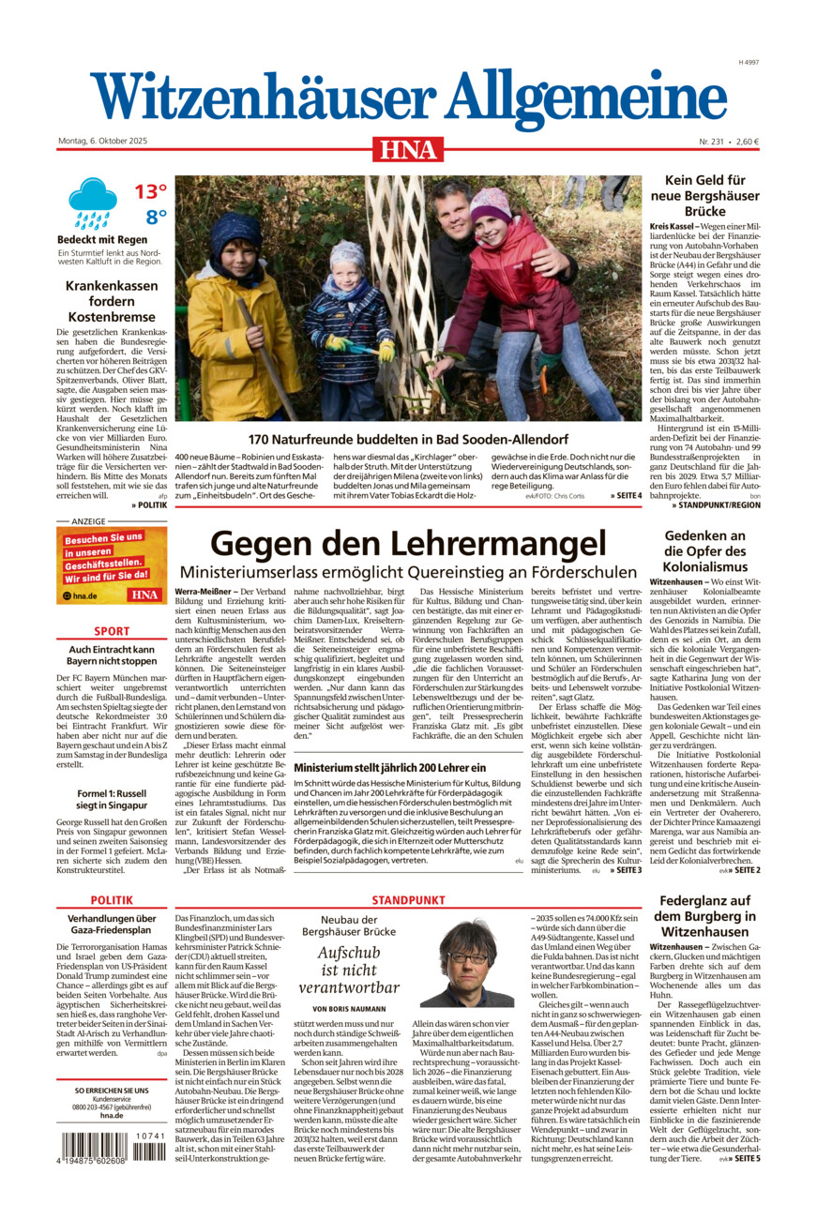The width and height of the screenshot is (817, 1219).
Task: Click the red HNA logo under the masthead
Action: coord(408,148)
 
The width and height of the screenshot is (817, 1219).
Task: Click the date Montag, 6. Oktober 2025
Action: coord(108,142)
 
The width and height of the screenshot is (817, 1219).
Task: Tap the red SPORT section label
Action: coord(112,631)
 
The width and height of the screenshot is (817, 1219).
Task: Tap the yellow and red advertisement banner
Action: coord(112,564)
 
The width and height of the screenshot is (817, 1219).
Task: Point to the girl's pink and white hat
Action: coord(490,204)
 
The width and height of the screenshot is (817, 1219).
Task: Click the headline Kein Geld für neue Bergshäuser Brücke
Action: coord(704,196)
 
